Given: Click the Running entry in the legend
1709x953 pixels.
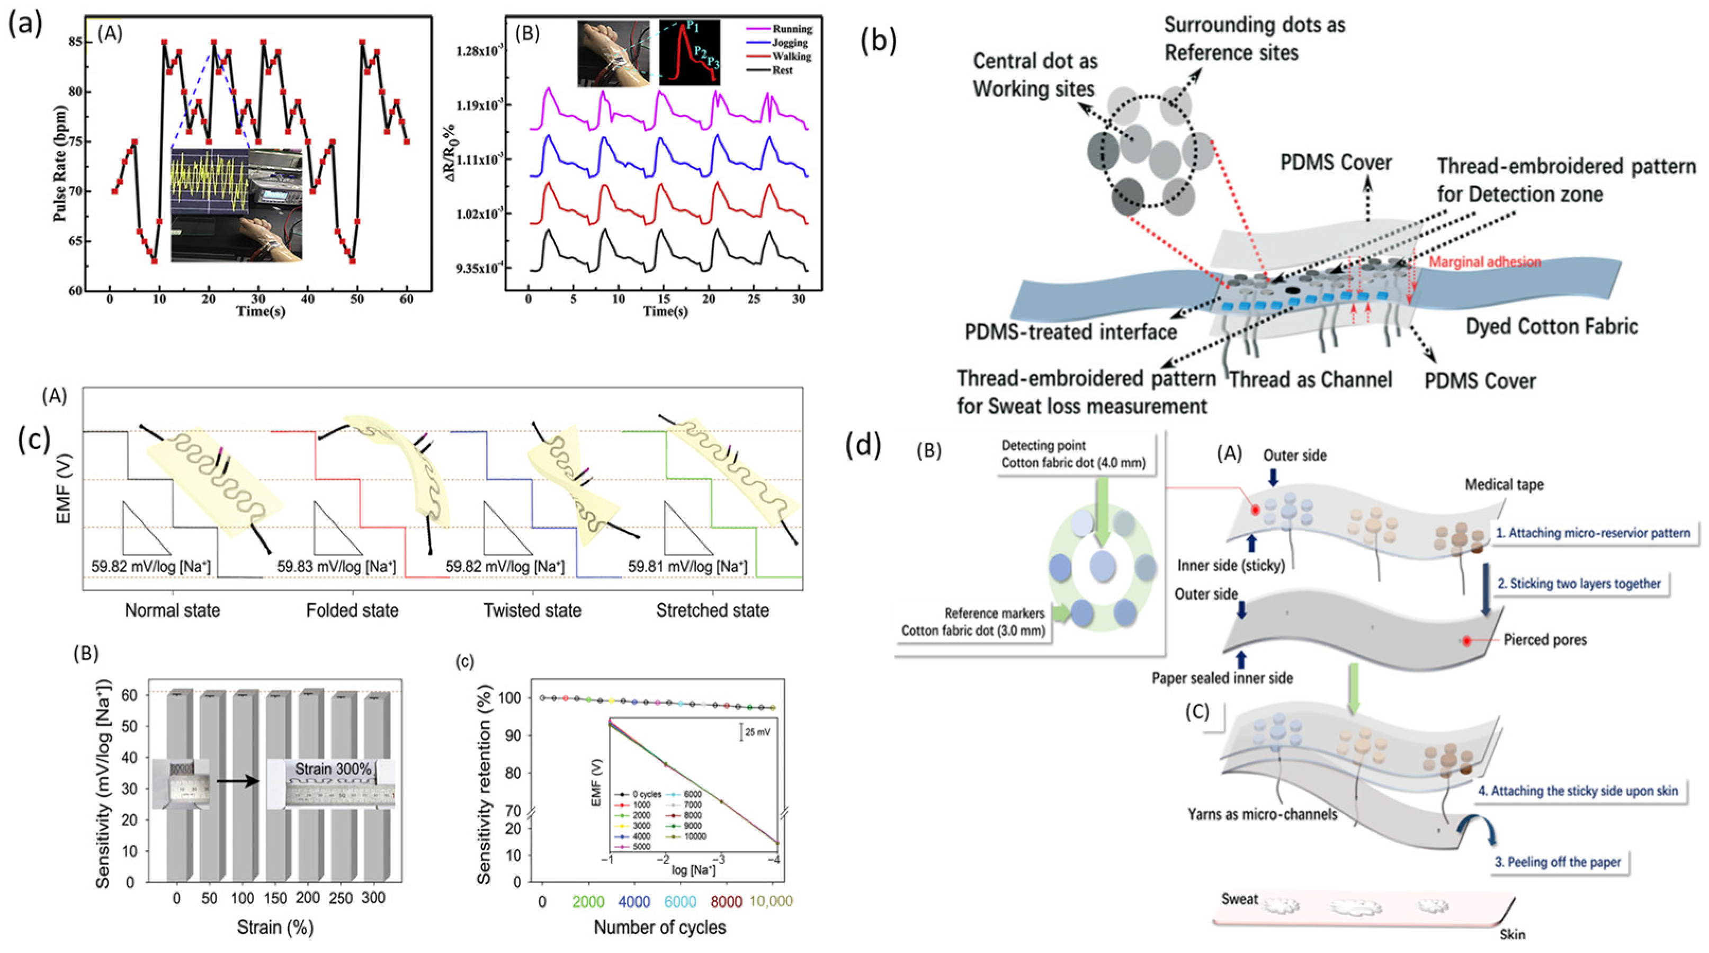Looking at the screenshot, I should [792, 29].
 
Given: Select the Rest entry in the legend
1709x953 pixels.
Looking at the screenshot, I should [782, 70].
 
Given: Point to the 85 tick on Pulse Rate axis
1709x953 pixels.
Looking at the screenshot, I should [74, 42].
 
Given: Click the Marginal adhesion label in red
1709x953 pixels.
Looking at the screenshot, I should [1484, 262].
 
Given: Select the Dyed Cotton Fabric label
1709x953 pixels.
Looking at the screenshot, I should [1552, 326].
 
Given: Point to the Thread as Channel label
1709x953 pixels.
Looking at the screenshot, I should [1310, 380].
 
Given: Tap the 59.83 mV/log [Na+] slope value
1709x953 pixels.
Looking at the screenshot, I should [336, 567].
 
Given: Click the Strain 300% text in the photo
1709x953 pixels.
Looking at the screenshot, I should [333, 769].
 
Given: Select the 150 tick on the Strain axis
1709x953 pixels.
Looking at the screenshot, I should [275, 898].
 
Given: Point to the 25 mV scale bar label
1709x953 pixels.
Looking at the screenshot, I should [758, 733].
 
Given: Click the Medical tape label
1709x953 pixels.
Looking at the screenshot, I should [1504, 485].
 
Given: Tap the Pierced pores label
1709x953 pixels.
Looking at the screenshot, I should [1545, 640].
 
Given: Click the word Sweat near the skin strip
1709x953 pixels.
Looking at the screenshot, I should [1239, 899].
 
